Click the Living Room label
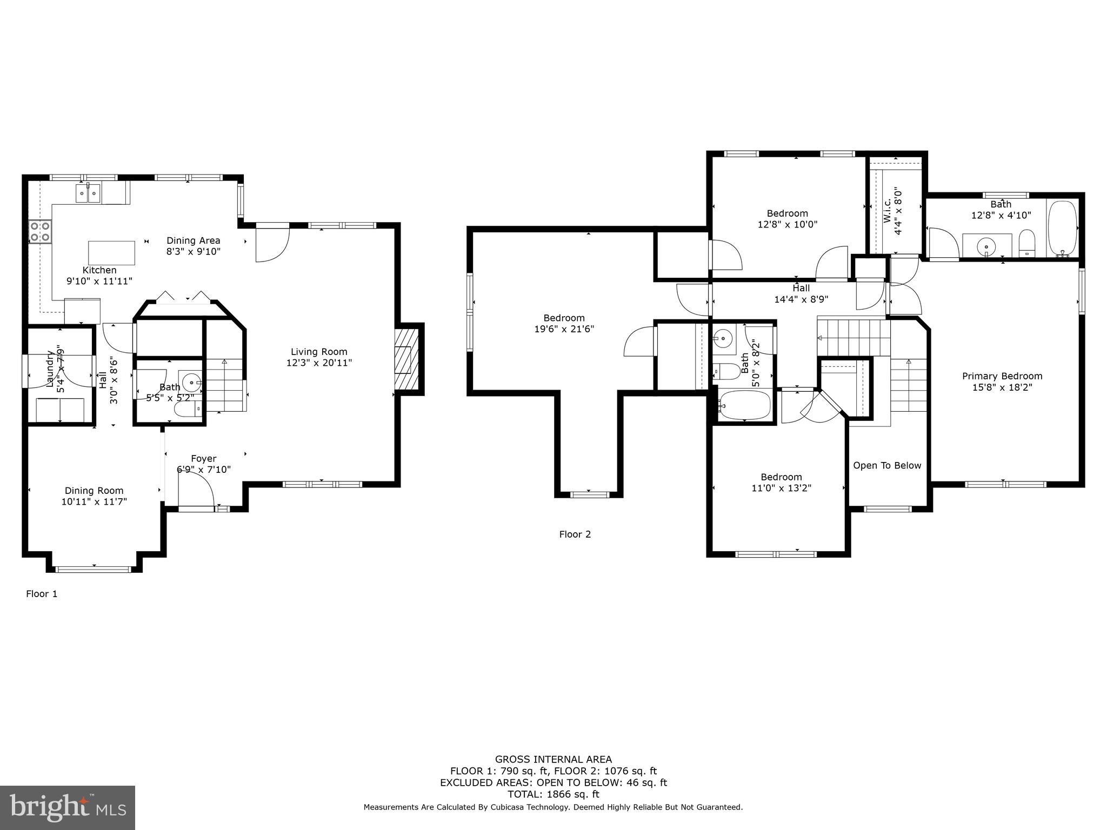click(x=319, y=352)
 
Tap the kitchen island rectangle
click(x=111, y=252)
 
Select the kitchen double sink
click(x=88, y=193)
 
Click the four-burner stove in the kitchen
click(x=40, y=231)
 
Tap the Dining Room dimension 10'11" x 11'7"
click(x=94, y=502)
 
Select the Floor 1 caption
click(x=42, y=594)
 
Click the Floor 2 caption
click(x=575, y=534)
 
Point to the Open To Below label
click(x=887, y=466)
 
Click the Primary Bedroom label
click(x=1002, y=376)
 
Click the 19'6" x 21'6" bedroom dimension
click(x=564, y=329)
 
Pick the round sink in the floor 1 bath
click(x=191, y=383)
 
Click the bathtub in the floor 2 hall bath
click(x=745, y=405)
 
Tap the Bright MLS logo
click(x=67, y=807)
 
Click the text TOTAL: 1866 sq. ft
click(x=553, y=794)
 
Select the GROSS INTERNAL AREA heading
click(x=553, y=759)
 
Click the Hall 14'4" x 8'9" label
click(x=801, y=294)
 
